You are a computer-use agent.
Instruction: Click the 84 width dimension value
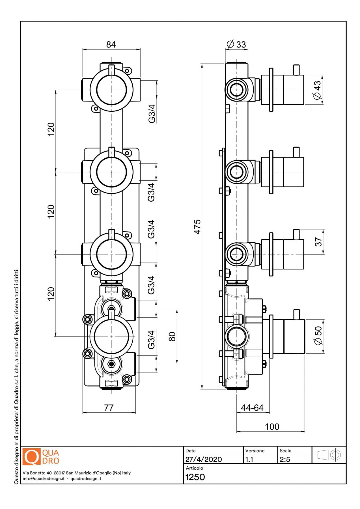pos(111,44)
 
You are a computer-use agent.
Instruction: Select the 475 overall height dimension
pos(197,227)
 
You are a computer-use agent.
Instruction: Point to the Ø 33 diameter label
pos(236,44)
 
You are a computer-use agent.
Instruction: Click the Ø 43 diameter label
pos(317,90)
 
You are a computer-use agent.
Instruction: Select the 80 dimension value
pos(172,336)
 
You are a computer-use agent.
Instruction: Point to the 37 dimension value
pos(318,242)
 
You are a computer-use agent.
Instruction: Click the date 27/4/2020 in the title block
pos(203,459)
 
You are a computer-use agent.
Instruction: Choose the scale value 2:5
pos(285,459)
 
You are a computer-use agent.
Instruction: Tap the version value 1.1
pos(249,459)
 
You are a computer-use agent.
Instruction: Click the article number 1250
pos(195,477)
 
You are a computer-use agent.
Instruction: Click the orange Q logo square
pos(31,457)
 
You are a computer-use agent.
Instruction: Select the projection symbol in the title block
pos(329,455)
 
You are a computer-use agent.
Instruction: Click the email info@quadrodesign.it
pos(44,478)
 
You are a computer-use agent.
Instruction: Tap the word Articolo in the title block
pos(194,468)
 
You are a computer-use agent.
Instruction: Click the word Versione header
pos(255,450)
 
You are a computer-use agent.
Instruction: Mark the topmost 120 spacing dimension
pos(51,129)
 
